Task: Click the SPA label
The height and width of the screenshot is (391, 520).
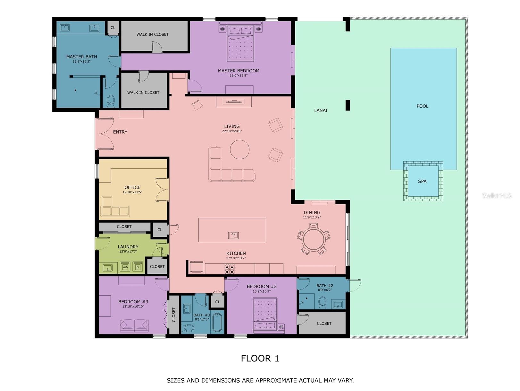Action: [x=422, y=182]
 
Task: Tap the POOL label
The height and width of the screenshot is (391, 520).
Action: [x=422, y=106]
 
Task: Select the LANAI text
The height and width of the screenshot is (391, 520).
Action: [x=321, y=111]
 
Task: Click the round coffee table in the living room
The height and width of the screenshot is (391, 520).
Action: [x=239, y=149]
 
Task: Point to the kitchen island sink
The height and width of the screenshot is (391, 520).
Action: [x=233, y=235]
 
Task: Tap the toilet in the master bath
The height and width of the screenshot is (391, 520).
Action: [x=111, y=100]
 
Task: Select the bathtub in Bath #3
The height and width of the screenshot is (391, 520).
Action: [x=217, y=323]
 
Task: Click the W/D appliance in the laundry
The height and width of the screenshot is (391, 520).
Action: [x=125, y=267]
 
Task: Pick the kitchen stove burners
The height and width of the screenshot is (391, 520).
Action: [x=229, y=268]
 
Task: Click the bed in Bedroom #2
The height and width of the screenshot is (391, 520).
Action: [x=265, y=313]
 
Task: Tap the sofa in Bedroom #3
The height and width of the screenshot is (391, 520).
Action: [x=134, y=325]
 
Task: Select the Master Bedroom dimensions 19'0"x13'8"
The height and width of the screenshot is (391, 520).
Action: [x=238, y=76]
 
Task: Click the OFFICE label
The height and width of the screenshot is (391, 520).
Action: [x=132, y=187]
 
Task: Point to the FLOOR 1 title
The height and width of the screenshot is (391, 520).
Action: [x=260, y=358]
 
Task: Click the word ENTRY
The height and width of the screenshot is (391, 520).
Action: [x=120, y=132]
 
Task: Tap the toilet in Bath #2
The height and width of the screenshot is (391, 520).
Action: [x=322, y=302]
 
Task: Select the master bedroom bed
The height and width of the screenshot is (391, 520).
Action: [x=240, y=43]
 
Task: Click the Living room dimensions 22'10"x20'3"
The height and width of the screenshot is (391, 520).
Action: [x=232, y=131]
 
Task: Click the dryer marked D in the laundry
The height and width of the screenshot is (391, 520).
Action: [x=138, y=267]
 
